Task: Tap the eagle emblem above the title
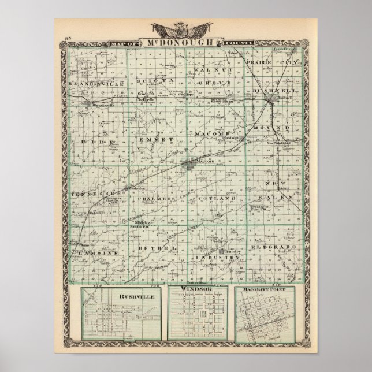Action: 182,29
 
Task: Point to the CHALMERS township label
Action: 156,198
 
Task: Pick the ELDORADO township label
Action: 274,247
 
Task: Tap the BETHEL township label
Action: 157,247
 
